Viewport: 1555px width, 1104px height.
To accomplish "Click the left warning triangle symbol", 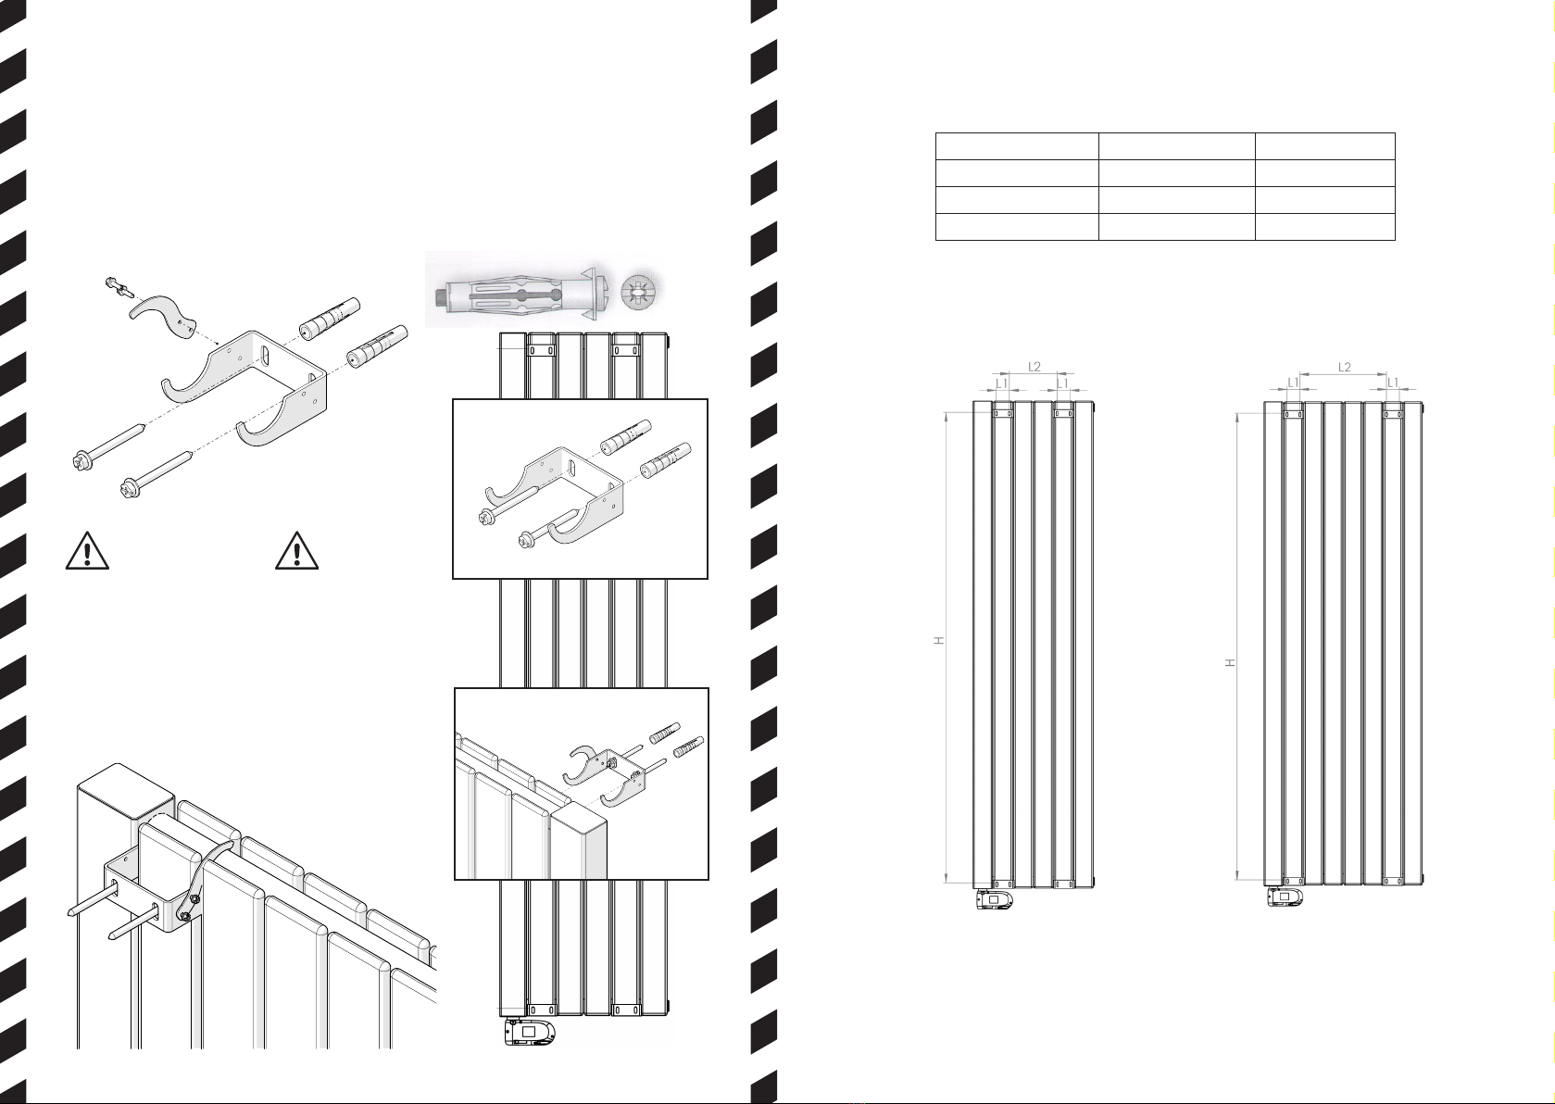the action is coord(87,551).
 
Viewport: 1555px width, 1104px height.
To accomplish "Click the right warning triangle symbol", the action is coord(297,551).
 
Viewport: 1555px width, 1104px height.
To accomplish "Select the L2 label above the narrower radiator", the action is coord(1035,367).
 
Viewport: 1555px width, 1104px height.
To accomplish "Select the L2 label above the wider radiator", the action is coord(1344,367).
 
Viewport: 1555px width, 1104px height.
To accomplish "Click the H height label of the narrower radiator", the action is coord(939,640).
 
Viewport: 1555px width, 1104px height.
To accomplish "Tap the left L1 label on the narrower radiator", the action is coord(1001,383).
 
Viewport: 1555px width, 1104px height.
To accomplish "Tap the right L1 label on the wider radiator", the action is coord(1393,383).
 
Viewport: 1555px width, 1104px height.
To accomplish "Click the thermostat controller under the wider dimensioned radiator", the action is coord(1285,897).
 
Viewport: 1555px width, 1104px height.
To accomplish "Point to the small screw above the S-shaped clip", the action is coord(118,287).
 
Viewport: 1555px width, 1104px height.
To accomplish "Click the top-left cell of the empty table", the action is coord(1017,146).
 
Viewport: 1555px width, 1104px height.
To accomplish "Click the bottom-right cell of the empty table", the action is coord(1325,227).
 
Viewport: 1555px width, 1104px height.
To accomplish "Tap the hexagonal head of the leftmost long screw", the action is coord(83,459).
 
